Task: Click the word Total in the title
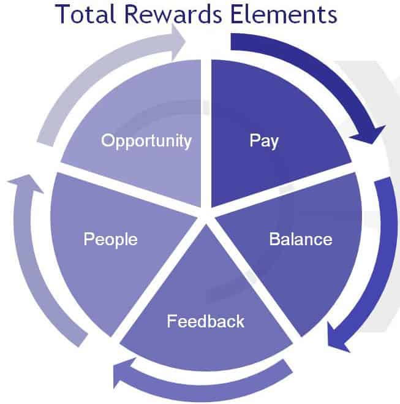pyautogui.click(x=85, y=14)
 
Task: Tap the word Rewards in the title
pyautogui.click(x=173, y=14)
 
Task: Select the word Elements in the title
pyautogui.click(x=284, y=14)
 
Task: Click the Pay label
pyautogui.click(x=264, y=140)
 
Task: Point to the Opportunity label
pyautogui.click(x=146, y=141)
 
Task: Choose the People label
pyautogui.click(x=110, y=239)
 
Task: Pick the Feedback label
pyautogui.click(x=206, y=321)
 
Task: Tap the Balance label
pyautogui.click(x=301, y=239)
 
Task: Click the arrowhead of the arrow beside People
pyautogui.click(x=26, y=183)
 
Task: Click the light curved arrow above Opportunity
pyautogui.click(x=98, y=69)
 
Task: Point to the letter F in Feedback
pyautogui.click(x=172, y=321)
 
